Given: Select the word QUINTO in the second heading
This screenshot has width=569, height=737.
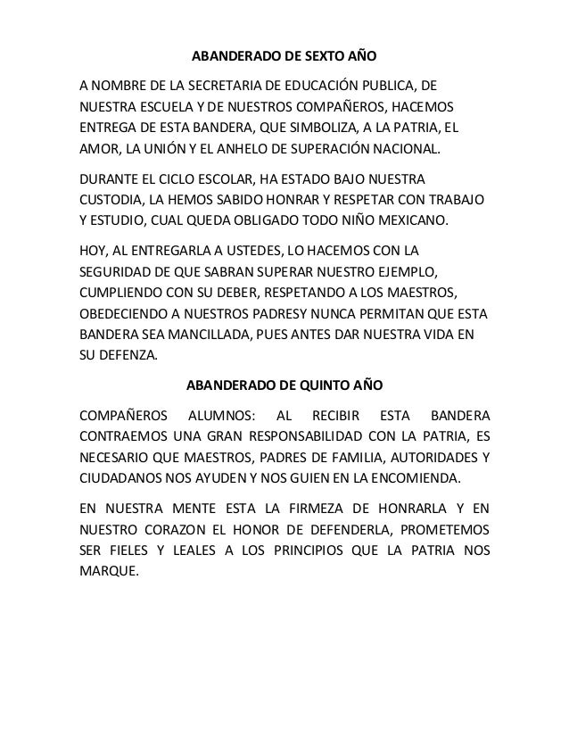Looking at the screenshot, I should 317,386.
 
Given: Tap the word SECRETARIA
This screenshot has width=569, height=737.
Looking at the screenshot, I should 227,87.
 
